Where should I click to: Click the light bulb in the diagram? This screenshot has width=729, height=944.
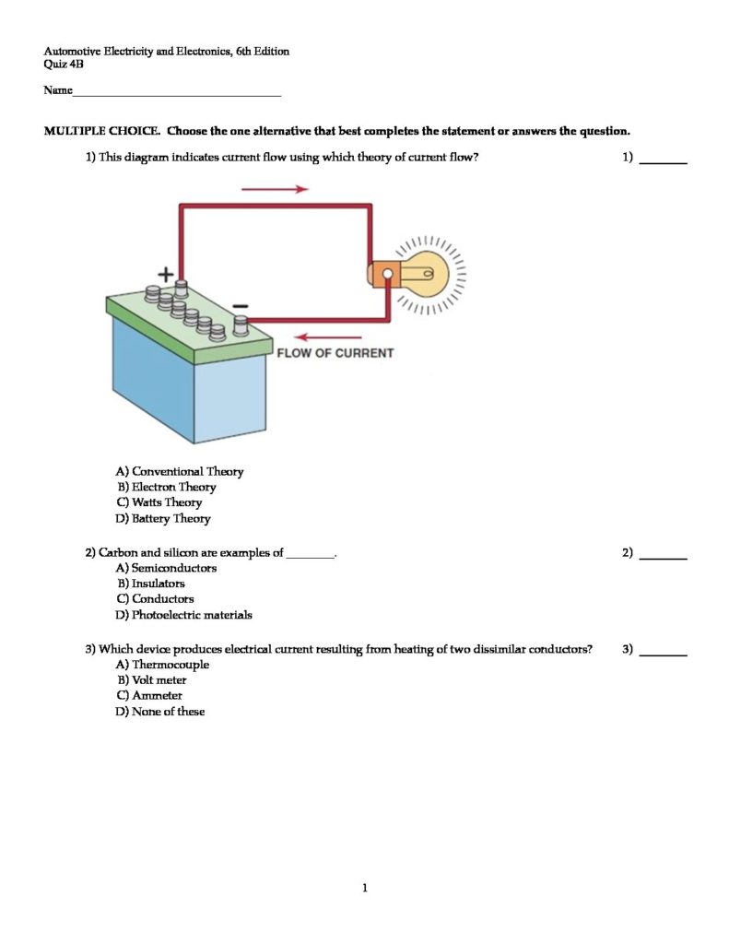[x=426, y=273]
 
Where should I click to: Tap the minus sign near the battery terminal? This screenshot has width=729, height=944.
[x=240, y=305]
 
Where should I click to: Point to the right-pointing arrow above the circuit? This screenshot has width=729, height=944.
[x=275, y=189]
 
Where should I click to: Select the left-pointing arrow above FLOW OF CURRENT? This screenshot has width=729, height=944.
[x=328, y=337]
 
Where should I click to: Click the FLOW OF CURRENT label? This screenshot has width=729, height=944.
[x=335, y=353]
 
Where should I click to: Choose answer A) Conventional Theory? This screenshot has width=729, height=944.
[x=180, y=471]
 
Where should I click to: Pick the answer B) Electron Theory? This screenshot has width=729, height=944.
[x=166, y=487]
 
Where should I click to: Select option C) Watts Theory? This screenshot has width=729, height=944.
[x=159, y=502]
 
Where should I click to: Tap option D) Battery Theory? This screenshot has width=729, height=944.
[x=163, y=518]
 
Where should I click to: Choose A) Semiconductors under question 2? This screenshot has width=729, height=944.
[x=167, y=568]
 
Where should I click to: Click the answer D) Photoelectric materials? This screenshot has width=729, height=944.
[x=183, y=615]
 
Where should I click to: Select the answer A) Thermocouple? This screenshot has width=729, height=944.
[x=162, y=665]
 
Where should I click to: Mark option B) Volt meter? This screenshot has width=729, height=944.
[x=151, y=680]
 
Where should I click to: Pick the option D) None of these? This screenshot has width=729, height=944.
[x=160, y=712]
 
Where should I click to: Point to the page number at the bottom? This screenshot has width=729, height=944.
[x=365, y=888]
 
